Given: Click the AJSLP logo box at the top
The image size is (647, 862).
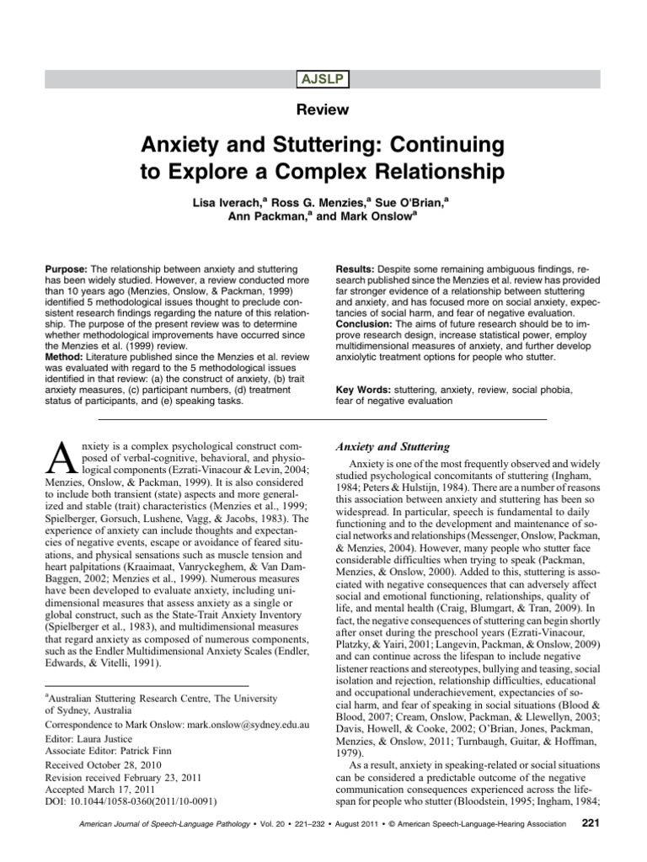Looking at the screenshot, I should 323,80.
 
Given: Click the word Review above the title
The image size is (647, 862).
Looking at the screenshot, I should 323,109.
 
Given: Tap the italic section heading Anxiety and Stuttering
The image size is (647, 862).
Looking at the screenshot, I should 393,447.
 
